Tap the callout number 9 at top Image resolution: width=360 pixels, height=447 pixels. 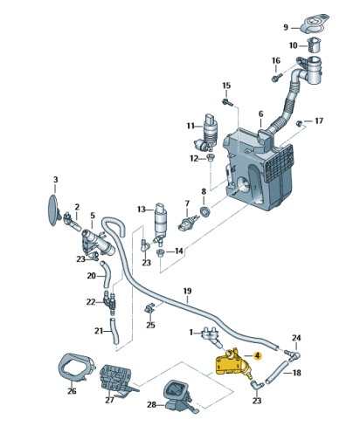285,27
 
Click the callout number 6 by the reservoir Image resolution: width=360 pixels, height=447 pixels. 260,114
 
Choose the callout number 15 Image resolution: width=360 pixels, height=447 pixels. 225,86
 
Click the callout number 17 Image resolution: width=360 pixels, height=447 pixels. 319,120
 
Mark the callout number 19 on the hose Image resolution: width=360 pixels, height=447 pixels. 186,290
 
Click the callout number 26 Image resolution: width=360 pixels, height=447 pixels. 72,392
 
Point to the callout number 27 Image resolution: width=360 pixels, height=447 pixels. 109,401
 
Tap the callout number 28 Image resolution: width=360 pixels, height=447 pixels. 150,405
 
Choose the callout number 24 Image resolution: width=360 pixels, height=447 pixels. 295,338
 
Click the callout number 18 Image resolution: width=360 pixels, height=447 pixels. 296,373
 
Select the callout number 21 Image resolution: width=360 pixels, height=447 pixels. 99,331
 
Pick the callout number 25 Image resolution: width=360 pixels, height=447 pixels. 150,325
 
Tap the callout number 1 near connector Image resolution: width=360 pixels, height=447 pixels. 191,332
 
